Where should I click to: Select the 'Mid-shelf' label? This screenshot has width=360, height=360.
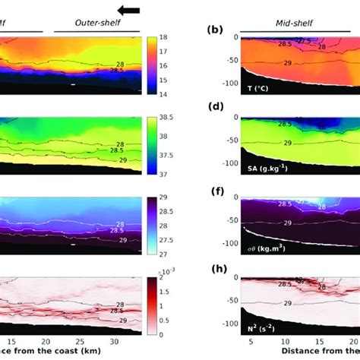pos(298,23)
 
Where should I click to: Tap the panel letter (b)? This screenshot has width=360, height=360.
pos(216,31)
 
